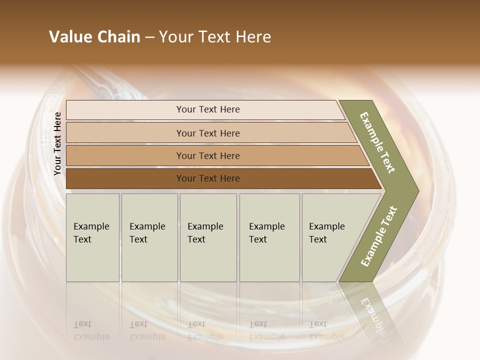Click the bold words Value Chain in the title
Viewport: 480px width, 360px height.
pos(94,37)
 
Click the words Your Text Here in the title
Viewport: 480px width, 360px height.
pos(215,37)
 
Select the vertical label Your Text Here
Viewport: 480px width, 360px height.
pos(57,143)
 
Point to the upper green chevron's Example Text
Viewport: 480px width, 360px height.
pos(377,142)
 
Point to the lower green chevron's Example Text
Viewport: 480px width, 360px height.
pos(378,236)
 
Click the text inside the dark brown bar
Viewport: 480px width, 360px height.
pos(208,178)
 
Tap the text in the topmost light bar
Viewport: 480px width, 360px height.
pos(208,109)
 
